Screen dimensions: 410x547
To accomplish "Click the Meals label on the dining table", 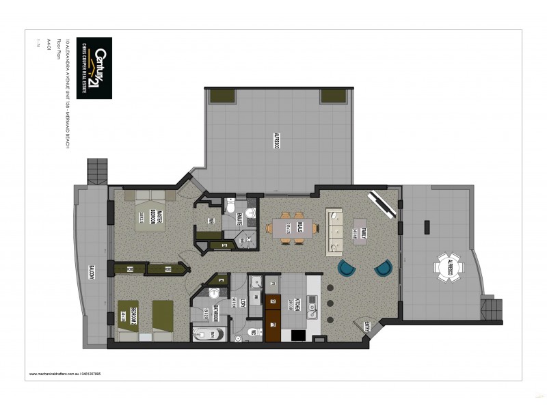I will tap(299, 229).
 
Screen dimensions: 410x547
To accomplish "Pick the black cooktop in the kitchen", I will tap(299, 335).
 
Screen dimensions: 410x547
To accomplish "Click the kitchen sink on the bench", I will tap(312, 308).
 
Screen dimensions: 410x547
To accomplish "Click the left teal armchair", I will tap(347, 268).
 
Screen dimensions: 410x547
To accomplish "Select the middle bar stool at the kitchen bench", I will tap(330, 303).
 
